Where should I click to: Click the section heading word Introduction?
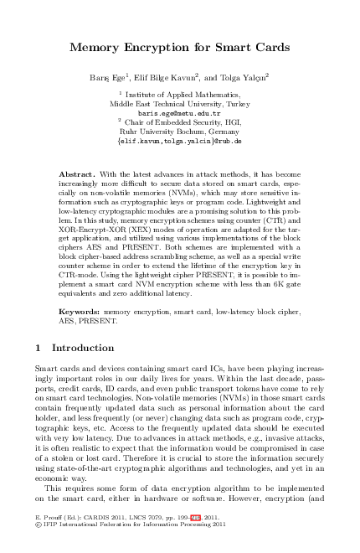[84, 347]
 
